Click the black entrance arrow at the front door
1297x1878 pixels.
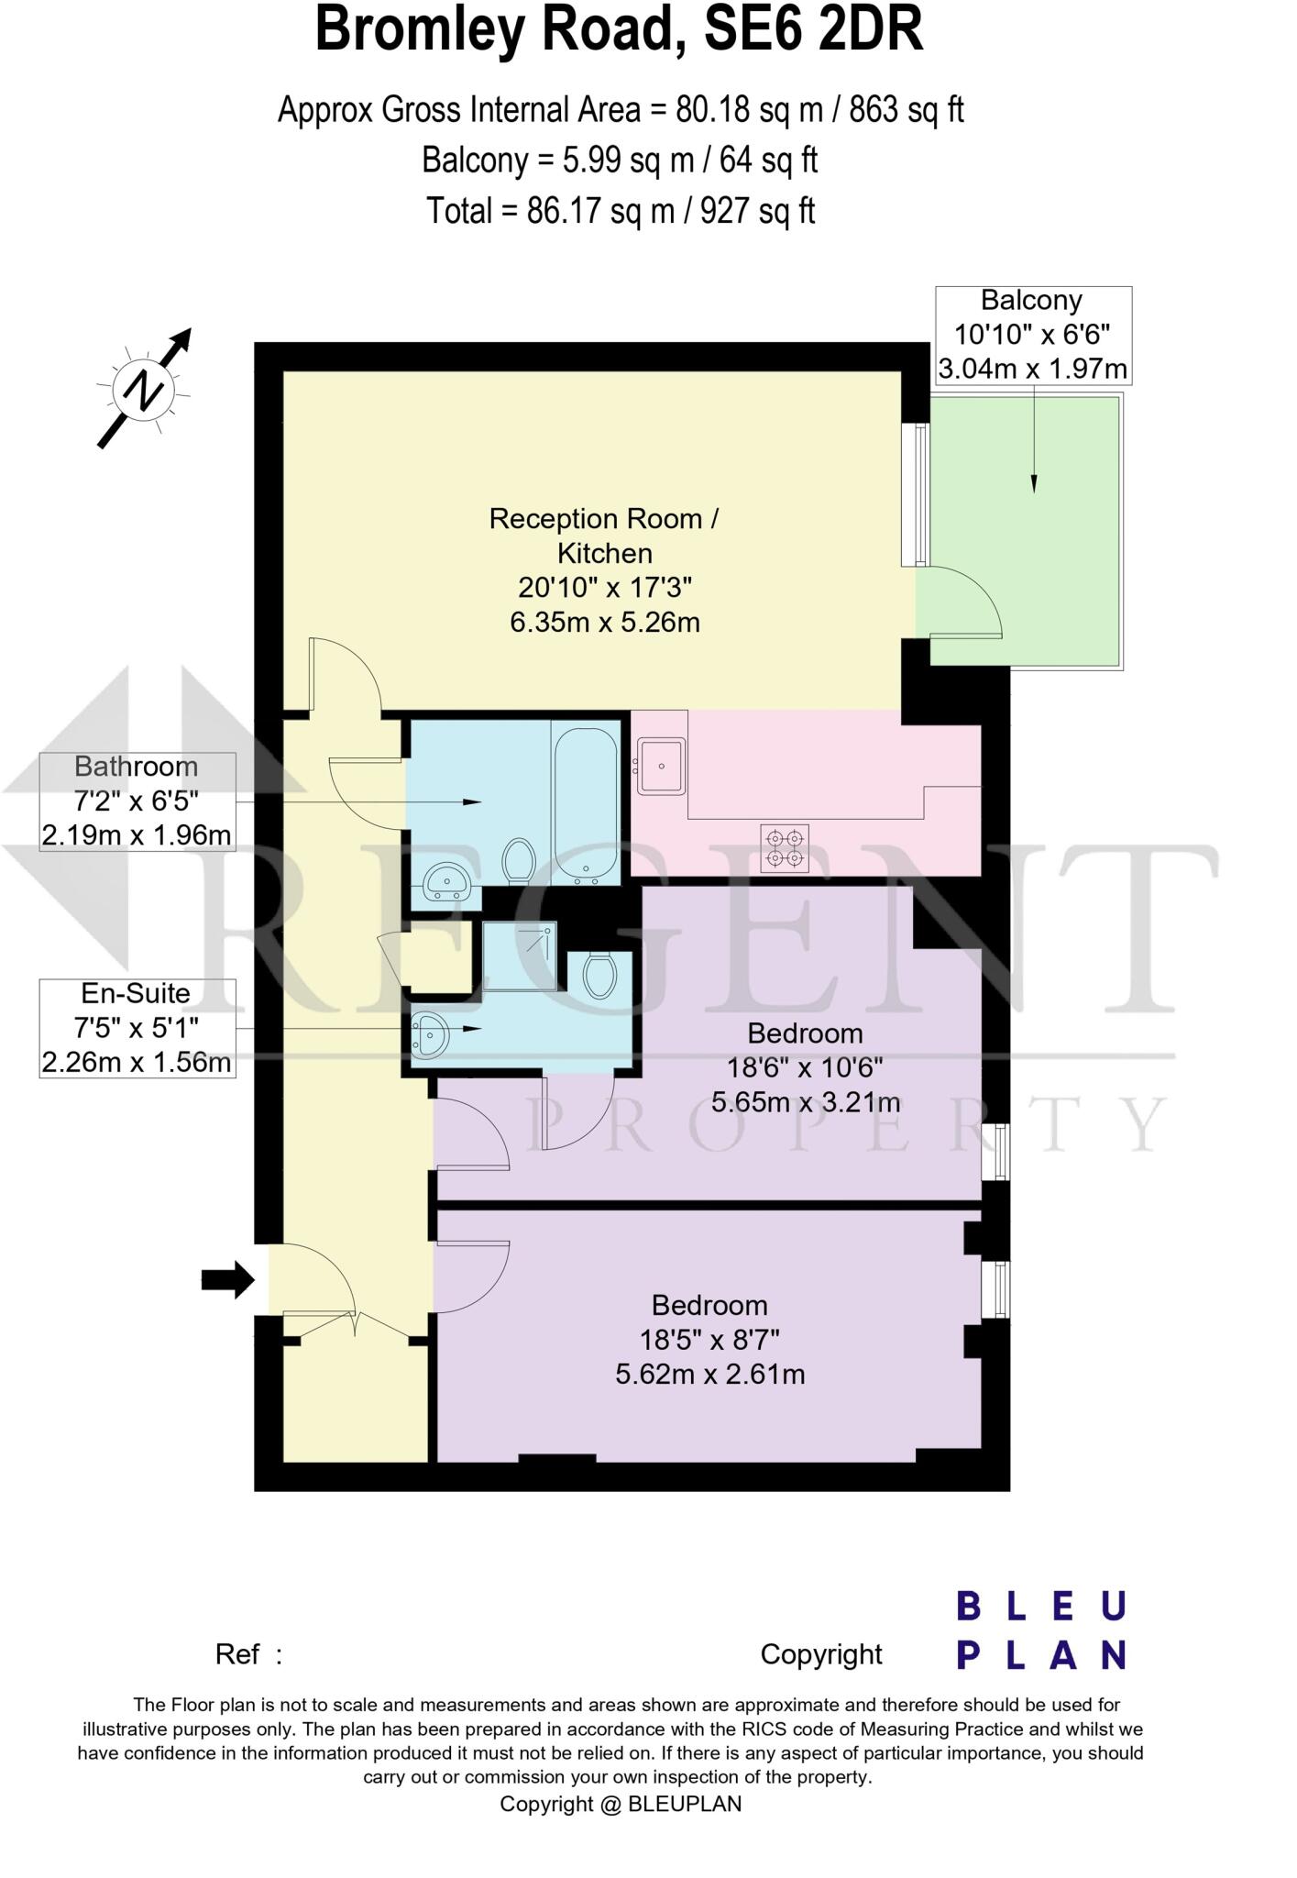pos(227,1279)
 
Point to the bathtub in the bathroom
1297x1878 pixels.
pos(585,804)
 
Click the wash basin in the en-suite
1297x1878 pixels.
pos(430,1033)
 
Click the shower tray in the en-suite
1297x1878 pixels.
pos(520,956)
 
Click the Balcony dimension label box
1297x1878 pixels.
pos(1033,335)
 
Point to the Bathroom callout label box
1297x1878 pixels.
pos(137,801)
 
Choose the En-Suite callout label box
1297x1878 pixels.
pos(137,1028)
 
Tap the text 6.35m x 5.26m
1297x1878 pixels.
pos(605,623)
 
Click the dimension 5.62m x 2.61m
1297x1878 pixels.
pos(709,1374)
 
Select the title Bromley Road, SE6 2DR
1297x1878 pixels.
pos(619,30)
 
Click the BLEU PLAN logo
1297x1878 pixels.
pos(1041,1631)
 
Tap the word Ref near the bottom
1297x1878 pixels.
pos(237,1654)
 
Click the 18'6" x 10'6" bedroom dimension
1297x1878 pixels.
pos(805,1067)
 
